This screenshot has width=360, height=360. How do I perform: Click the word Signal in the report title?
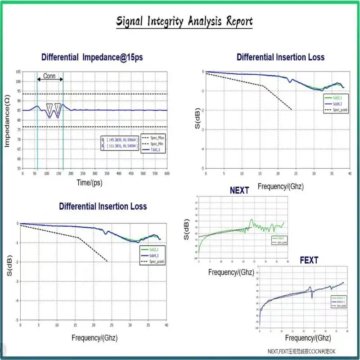130,21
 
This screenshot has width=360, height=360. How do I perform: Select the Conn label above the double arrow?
49,76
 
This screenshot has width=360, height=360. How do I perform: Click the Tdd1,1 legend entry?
156,149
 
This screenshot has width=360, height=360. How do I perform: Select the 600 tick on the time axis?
167,173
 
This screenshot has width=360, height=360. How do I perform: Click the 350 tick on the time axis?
107,173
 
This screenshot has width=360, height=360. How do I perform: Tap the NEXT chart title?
239,190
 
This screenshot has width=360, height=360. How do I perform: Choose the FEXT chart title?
309,261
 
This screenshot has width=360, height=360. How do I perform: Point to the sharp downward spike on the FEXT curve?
311,297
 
